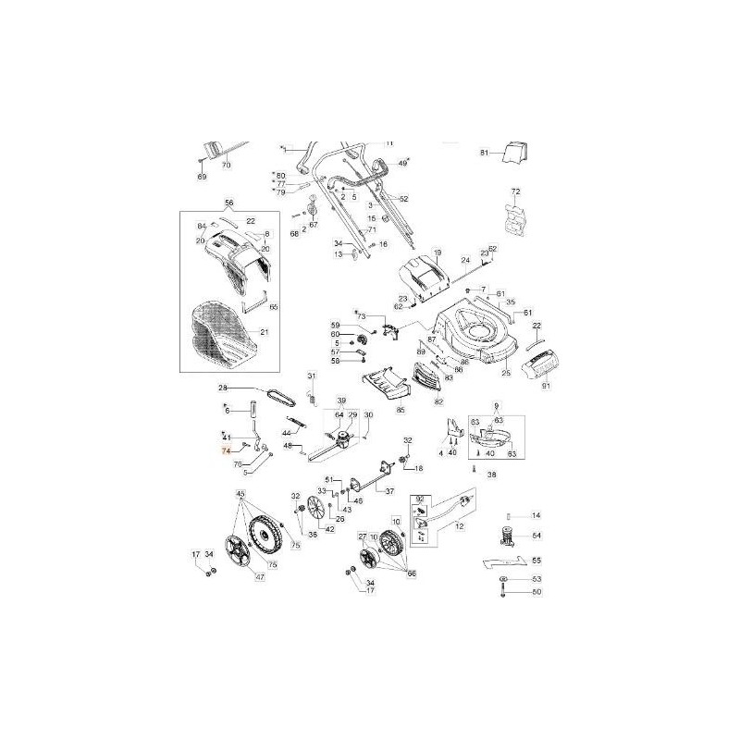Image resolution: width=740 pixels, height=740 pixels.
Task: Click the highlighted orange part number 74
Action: (x=224, y=450)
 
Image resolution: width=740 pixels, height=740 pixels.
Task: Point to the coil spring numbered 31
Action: (x=312, y=399)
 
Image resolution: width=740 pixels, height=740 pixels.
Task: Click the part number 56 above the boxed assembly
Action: (x=229, y=203)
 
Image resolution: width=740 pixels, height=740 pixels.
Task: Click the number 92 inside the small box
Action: (x=418, y=499)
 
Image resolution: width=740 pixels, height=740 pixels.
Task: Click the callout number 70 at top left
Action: (x=226, y=165)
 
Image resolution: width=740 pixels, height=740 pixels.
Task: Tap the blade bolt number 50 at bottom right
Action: (x=536, y=592)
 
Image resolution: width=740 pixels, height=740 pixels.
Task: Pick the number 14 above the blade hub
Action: (x=536, y=514)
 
